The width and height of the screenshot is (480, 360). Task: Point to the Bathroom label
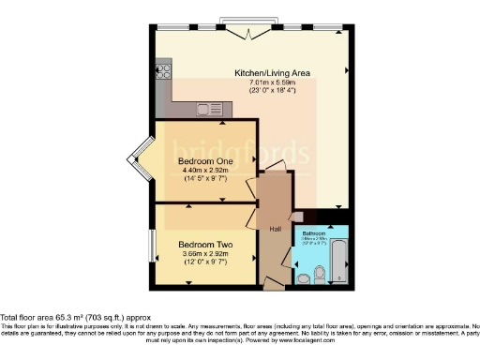(x=312, y=232)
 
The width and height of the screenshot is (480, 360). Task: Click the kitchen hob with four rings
(x=163, y=69)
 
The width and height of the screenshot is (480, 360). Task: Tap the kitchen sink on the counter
(x=205, y=110)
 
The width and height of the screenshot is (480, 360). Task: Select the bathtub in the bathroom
(x=338, y=261)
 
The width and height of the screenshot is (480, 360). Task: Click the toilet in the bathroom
(x=320, y=275)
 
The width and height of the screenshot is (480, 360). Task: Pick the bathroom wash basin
(x=302, y=277)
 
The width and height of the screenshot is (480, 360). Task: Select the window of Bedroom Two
(x=153, y=247)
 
